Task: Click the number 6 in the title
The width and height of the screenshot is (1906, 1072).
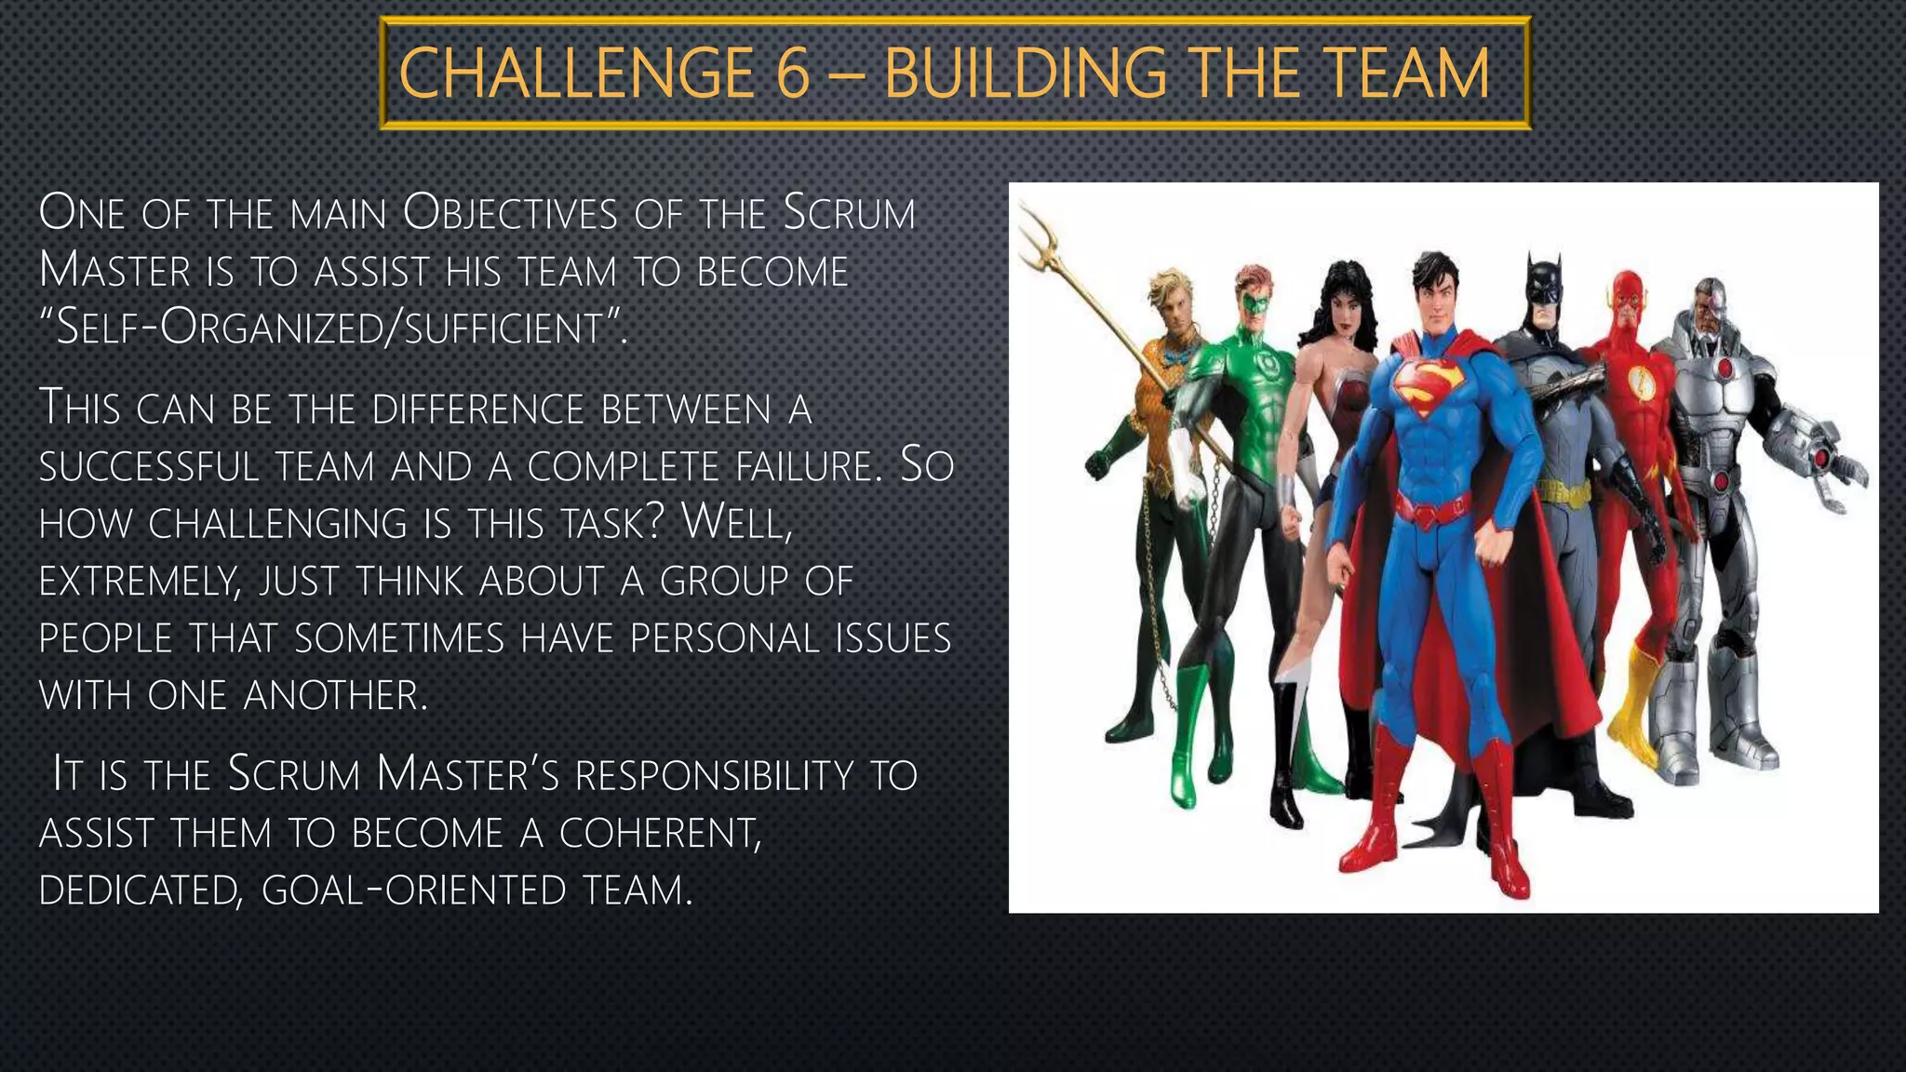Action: tap(792, 74)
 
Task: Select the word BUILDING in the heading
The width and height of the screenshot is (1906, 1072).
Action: tap(1025, 74)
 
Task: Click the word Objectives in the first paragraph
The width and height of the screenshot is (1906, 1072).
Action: tap(510, 214)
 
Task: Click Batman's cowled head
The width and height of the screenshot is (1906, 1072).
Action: tap(1543, 283)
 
